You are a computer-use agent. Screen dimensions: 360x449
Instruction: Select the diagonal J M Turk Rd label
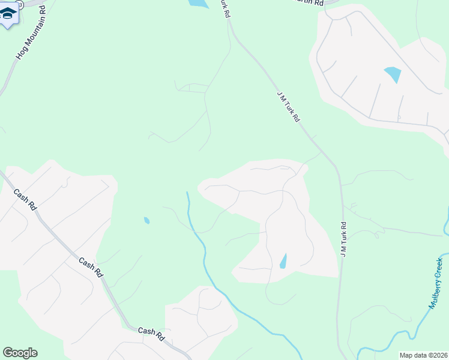(288, 106)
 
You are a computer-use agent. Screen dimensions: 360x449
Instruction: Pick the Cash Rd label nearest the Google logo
(151, 331)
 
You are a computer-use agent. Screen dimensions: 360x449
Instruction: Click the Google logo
(20, 353)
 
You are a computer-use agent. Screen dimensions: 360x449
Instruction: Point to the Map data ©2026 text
(423, 355)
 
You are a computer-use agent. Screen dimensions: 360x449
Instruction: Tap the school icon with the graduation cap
(8, 13)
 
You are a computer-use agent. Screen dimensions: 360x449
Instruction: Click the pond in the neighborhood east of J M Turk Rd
(393, 74)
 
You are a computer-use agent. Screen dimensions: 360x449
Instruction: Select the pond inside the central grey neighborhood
(283, 261)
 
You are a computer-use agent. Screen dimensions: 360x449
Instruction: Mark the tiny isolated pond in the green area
(146, 220)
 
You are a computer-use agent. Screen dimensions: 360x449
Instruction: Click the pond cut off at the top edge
(198, 3)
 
